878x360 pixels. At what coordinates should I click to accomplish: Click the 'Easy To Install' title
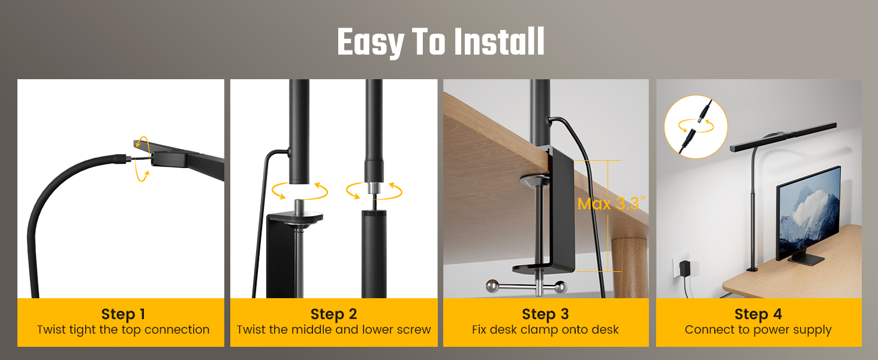[441, 43]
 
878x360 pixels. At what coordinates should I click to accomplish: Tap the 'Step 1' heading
[123, 314]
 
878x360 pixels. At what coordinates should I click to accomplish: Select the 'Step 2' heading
[333, 314]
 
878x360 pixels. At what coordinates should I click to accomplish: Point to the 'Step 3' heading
[546, 314]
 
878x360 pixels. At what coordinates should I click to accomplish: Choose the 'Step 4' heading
[758, 314]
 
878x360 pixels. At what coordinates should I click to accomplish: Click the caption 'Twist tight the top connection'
[123, 330]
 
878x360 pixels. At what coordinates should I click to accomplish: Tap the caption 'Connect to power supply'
[758, 330]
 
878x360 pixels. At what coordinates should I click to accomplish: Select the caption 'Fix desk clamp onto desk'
[546, 330]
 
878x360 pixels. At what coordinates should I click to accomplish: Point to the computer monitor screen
[809, 213]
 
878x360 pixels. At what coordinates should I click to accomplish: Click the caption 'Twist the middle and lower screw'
[333, 330]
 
